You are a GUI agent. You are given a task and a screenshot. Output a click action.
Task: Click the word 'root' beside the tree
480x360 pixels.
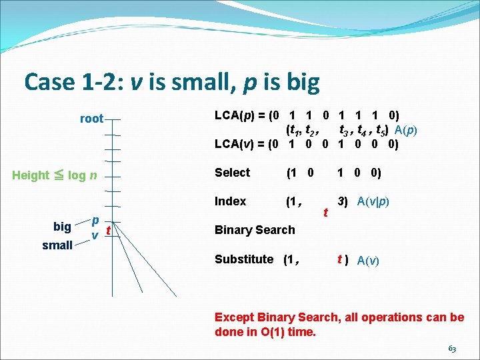(x=91, y=119)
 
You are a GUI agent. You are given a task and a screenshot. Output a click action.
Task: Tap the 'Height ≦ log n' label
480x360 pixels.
(x=55, y=175)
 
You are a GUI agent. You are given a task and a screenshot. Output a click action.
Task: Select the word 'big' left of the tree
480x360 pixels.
(x=63, y=227)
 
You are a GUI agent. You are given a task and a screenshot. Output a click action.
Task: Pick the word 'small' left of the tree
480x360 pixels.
(x=57, y=245)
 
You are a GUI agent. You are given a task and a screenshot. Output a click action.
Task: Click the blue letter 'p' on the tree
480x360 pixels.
(x=95, y=220)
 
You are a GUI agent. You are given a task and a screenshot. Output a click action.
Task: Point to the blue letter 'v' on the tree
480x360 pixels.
(x=95, y=235)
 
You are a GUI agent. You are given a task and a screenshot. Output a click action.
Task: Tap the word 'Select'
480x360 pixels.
(x=232, y=173)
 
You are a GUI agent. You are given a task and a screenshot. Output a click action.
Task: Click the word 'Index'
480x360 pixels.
(x=230, y=201)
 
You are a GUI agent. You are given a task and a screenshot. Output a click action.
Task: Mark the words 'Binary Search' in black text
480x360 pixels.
(x=254, y=230)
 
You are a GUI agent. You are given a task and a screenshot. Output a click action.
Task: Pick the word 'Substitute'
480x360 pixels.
(x=244, y=259)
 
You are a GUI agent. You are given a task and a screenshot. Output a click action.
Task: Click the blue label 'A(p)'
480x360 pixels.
(x=405, y=130)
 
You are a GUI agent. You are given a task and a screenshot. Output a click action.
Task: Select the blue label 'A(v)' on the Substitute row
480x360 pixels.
(x=368, y=260)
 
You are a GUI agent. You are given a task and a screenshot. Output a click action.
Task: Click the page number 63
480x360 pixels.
(x=451, y=348)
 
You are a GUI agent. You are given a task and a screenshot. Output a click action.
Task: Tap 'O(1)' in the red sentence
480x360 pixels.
(x=273, y=331)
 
